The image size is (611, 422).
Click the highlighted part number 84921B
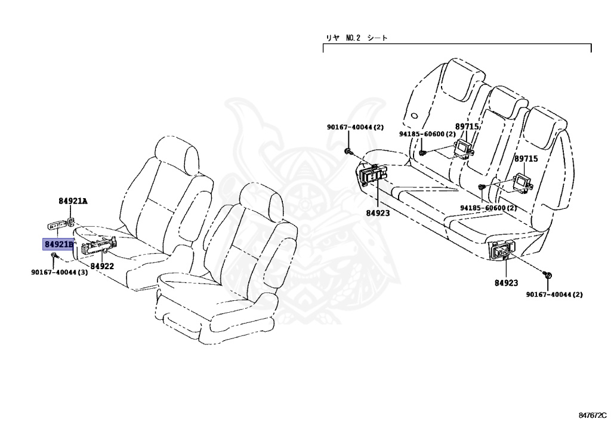(58, 244)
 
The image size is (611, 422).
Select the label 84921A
(73, 201)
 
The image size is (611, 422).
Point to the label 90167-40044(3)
(60, 273)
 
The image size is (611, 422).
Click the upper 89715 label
(467, 127)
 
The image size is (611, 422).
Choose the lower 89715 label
(526, 159)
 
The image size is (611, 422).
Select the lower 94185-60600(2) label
(488, 208)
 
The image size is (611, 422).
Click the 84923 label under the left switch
(378, 212)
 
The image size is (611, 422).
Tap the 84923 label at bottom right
(506, 283)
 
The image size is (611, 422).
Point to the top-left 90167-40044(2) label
(355, 127)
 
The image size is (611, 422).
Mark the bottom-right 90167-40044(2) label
(554, 294)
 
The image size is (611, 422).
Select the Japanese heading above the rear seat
(356, 38)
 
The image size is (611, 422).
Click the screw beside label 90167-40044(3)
(54, 256)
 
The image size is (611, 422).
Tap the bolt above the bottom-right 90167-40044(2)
(549, 275)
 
